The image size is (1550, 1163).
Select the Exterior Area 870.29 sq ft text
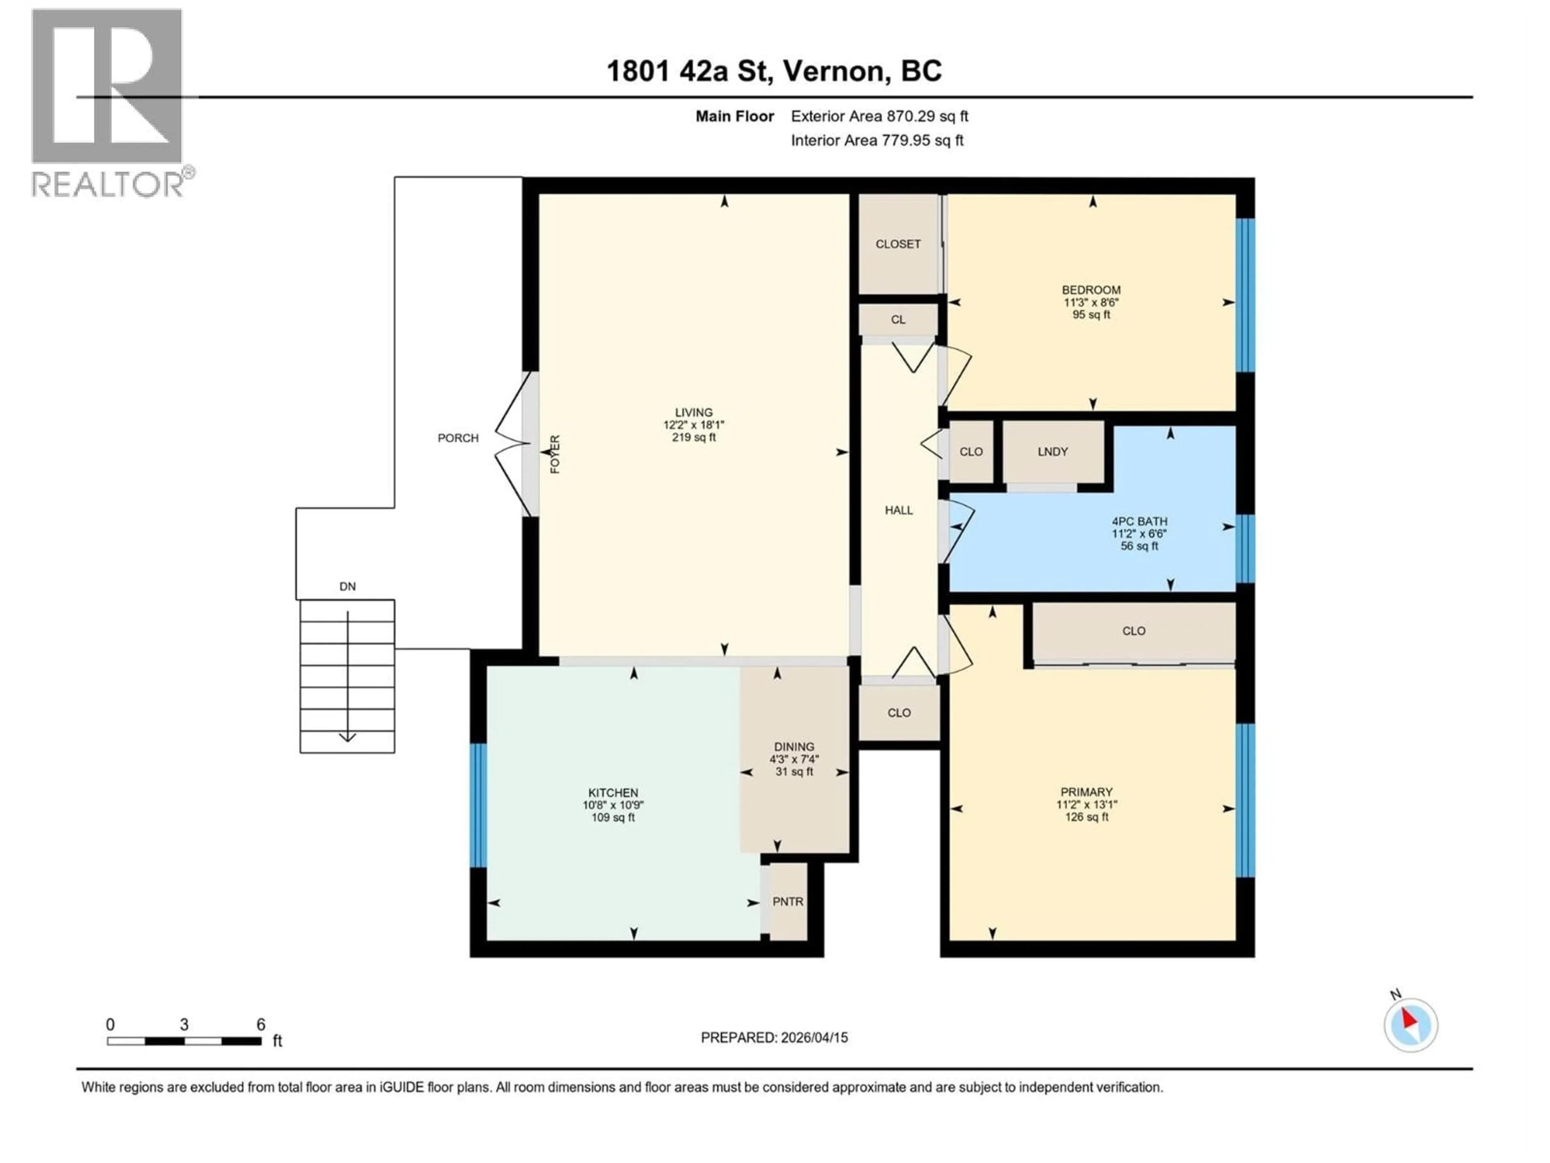tap(880, 116)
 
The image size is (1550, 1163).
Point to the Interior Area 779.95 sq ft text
tap(877, 140)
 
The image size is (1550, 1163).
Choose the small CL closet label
tap(898, 320)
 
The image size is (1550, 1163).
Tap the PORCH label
tap(458, 438)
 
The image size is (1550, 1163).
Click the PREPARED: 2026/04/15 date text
tap(774, 1037)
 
